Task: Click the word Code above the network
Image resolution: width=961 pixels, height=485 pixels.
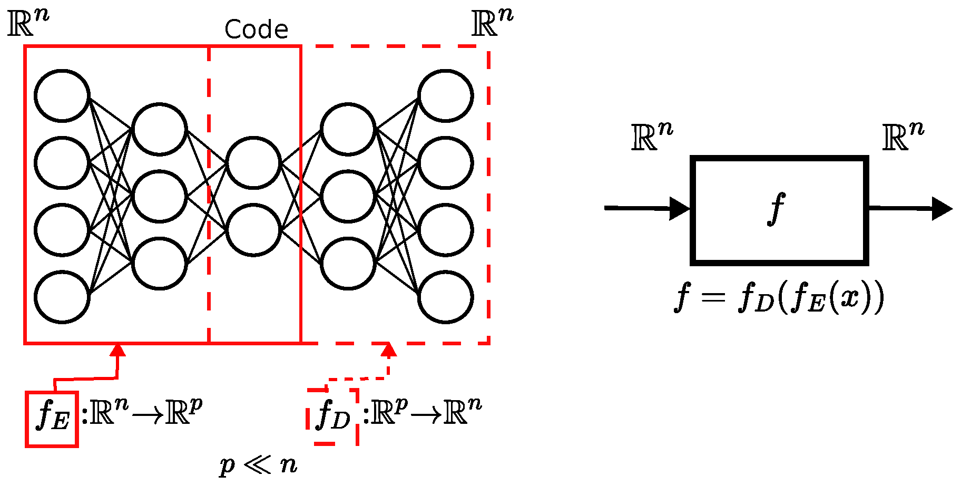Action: pyautogui.click(x=256, y=30)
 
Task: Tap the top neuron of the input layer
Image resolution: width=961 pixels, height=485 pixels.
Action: pyautogui.click(x=62, y=95)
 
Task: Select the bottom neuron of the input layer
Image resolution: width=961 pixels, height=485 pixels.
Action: pyautogui.click(x=62, y=297)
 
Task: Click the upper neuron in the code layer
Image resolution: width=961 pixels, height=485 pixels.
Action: pyautogui.click(x=253, y=162)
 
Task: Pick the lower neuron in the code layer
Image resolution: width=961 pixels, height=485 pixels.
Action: pyautogui.click(x=253, y=230)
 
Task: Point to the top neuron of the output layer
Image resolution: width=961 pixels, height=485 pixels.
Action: pyautogui.click(x=445, y=95)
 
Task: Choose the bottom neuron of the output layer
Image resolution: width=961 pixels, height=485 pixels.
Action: pyautogui.click(x=445, y=297)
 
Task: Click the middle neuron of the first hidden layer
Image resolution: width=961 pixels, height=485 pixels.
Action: pyautogui.click(x=159, y=196)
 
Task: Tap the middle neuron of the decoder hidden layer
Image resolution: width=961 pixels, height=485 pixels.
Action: pyautogui.click(x=348, y=196)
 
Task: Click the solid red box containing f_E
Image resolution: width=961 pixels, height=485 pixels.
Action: pyautogui.click(x=52, y=419)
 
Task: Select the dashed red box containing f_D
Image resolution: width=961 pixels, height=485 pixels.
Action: pyautogui.click(x=333, y=416)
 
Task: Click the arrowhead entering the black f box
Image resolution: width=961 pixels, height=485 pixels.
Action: pyautogui.click(x=680, y=208)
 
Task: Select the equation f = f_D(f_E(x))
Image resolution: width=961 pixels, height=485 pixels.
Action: pyautogui.click(x=779, y=298)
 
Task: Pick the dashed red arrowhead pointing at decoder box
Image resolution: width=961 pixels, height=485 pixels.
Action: pyautogui.click(x=389, y=350)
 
